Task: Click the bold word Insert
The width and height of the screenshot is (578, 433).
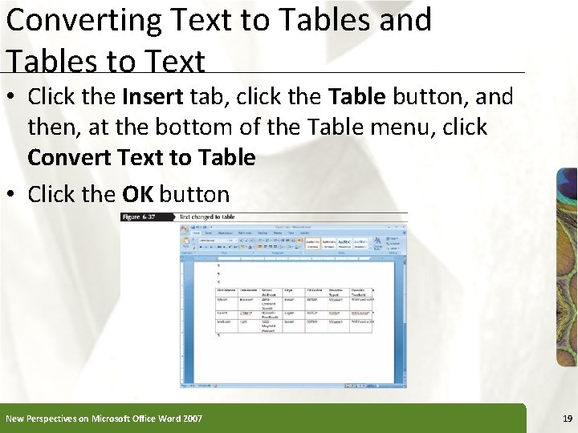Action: pos(153,97)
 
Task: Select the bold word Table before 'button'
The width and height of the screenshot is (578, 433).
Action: pos(357,97)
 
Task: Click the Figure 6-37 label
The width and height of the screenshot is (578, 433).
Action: pos(143,216)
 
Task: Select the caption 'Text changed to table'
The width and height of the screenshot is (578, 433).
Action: pos(206,216)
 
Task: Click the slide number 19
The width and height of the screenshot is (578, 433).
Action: pos(568,419)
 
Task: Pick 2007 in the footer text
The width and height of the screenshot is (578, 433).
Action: pos(192,419)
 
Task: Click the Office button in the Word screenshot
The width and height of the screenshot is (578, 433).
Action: pos(185,229)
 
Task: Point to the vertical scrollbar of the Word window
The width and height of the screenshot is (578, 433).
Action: pos(402,321)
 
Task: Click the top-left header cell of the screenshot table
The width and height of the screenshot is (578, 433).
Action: pos(226,291)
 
